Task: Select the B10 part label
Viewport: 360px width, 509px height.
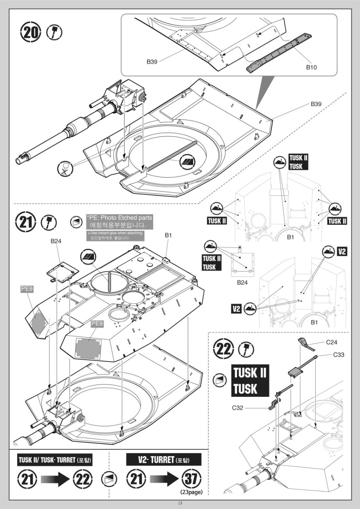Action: [311, 67]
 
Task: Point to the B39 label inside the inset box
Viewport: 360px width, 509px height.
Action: [152, 62]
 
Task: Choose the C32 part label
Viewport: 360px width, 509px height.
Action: [239, 408]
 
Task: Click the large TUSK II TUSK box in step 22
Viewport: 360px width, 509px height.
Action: [250, 381]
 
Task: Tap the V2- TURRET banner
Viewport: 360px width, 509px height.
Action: [163, 460]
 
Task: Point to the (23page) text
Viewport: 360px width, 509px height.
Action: [191, 492]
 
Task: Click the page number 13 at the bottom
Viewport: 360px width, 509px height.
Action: [180, 503]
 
